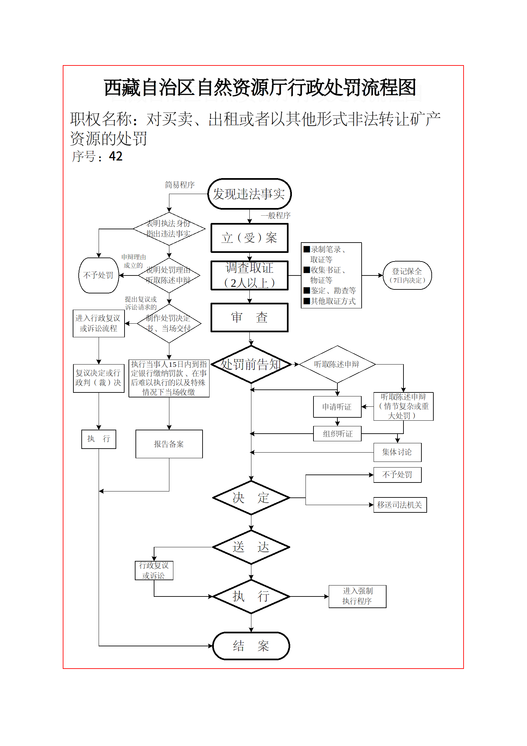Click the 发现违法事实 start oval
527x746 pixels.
coord(249,194)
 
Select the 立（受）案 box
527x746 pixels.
coord(249,238)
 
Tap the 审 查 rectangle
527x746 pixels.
coord(249,317)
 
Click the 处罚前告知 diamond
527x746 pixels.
coord(251,365)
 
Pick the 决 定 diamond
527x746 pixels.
coord(251,498)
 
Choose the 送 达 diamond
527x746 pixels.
coord(251,547)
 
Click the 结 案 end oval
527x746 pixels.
coord(251,646)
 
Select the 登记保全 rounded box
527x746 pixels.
coord(407,275)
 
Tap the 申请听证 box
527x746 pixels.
coord(337,407)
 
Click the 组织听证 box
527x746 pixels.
coord(337,434)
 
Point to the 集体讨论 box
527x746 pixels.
coord(397,452)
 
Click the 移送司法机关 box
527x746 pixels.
coord(400,505)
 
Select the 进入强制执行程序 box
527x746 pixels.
coord(357,596)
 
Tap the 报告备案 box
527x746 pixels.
coord(169,444)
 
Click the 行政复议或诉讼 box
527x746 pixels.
coord(154,571)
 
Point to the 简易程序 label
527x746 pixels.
coord(180,185)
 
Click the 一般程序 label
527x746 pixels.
coord(276,215)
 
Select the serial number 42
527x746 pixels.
coord(116,156)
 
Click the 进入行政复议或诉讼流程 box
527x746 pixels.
coord(99,323)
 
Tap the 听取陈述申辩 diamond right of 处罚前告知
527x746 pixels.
coord(337,365)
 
